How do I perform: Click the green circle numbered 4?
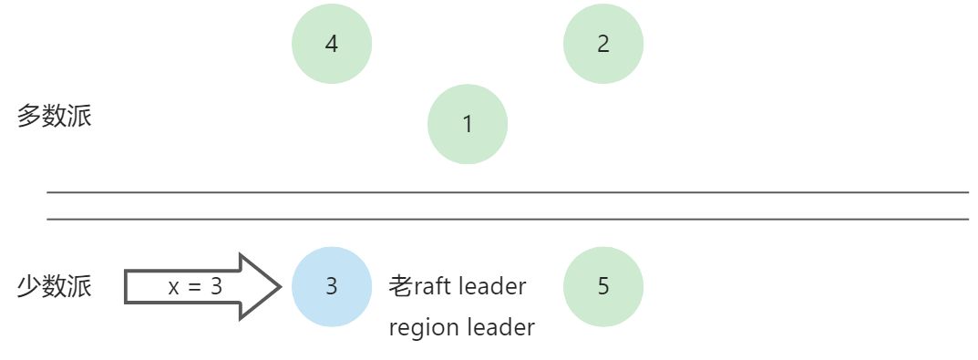point(332,44)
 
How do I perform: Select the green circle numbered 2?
point(603,44)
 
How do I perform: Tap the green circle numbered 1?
point(468,124)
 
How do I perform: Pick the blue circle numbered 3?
point(332,286)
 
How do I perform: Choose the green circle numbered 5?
point(603,286)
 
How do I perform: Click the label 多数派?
point(55,117)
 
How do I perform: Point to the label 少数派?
point(55,286)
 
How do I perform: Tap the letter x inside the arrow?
point(173,287)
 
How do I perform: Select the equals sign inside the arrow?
point(193,287)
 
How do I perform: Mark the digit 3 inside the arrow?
point(216,286)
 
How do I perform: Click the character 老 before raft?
point(401,286)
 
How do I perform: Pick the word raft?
point(433,286)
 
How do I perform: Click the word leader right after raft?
point(492,286)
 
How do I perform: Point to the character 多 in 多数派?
point(29,117)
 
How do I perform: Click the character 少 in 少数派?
point(29,286)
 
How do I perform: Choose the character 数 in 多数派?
point(55,117)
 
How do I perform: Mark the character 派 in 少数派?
point(80,286)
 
